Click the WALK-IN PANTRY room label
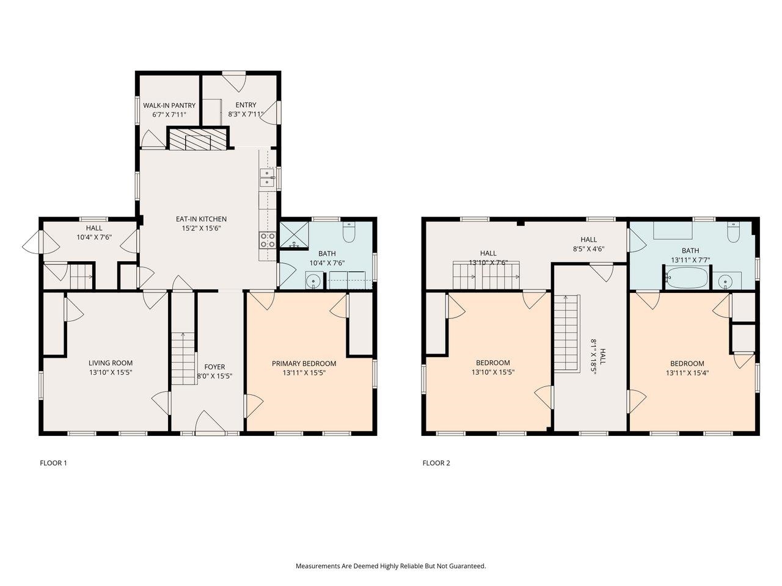tap(169, 106)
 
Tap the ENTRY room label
tap(246, 105)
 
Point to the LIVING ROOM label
tap(110, 363)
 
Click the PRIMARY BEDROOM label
tap(304, 363)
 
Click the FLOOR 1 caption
tap(53, 463)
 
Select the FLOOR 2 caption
tap(436, 463)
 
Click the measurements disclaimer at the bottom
tap(391, 566)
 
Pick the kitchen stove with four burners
tap(268, 241)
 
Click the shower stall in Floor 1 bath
tap(294, 236)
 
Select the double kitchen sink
tap(267, 178)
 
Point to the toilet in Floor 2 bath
tap(733, 233)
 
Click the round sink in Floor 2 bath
tap(726, 281)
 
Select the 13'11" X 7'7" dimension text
tap(690, 260)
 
